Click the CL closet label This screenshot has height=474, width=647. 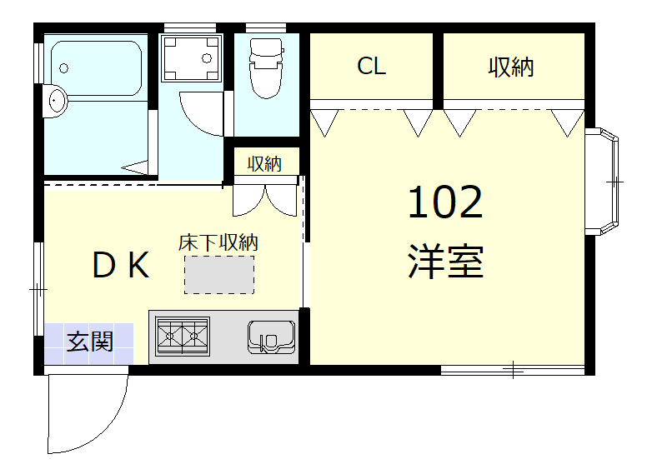tap(372, 67)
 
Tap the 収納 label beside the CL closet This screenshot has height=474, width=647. tap(510, 67)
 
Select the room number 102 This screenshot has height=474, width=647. tap(445, 202)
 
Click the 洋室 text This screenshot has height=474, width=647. tap(446, 262)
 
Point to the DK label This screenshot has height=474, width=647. tap(120, 266)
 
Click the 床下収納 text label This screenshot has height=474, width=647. tap(218, 242)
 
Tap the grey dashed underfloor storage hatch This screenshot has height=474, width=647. tap(219, 275)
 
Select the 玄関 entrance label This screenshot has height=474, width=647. tap(90, 341)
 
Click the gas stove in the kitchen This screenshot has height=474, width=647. tap(183, 337)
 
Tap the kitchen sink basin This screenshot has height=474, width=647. tap(270, 337)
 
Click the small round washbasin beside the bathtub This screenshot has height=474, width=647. tap(56, 100)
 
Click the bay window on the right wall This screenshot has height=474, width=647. tap(607, 181)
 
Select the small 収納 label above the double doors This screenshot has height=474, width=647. tap(264, 163)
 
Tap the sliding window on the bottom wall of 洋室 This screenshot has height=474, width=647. tap(513, 369)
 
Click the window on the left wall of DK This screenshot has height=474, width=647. tap(38, 289)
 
